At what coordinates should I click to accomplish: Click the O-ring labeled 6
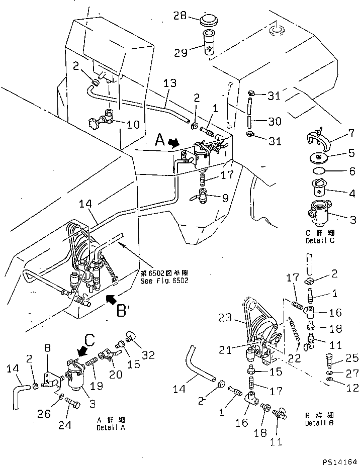[318, 171]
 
